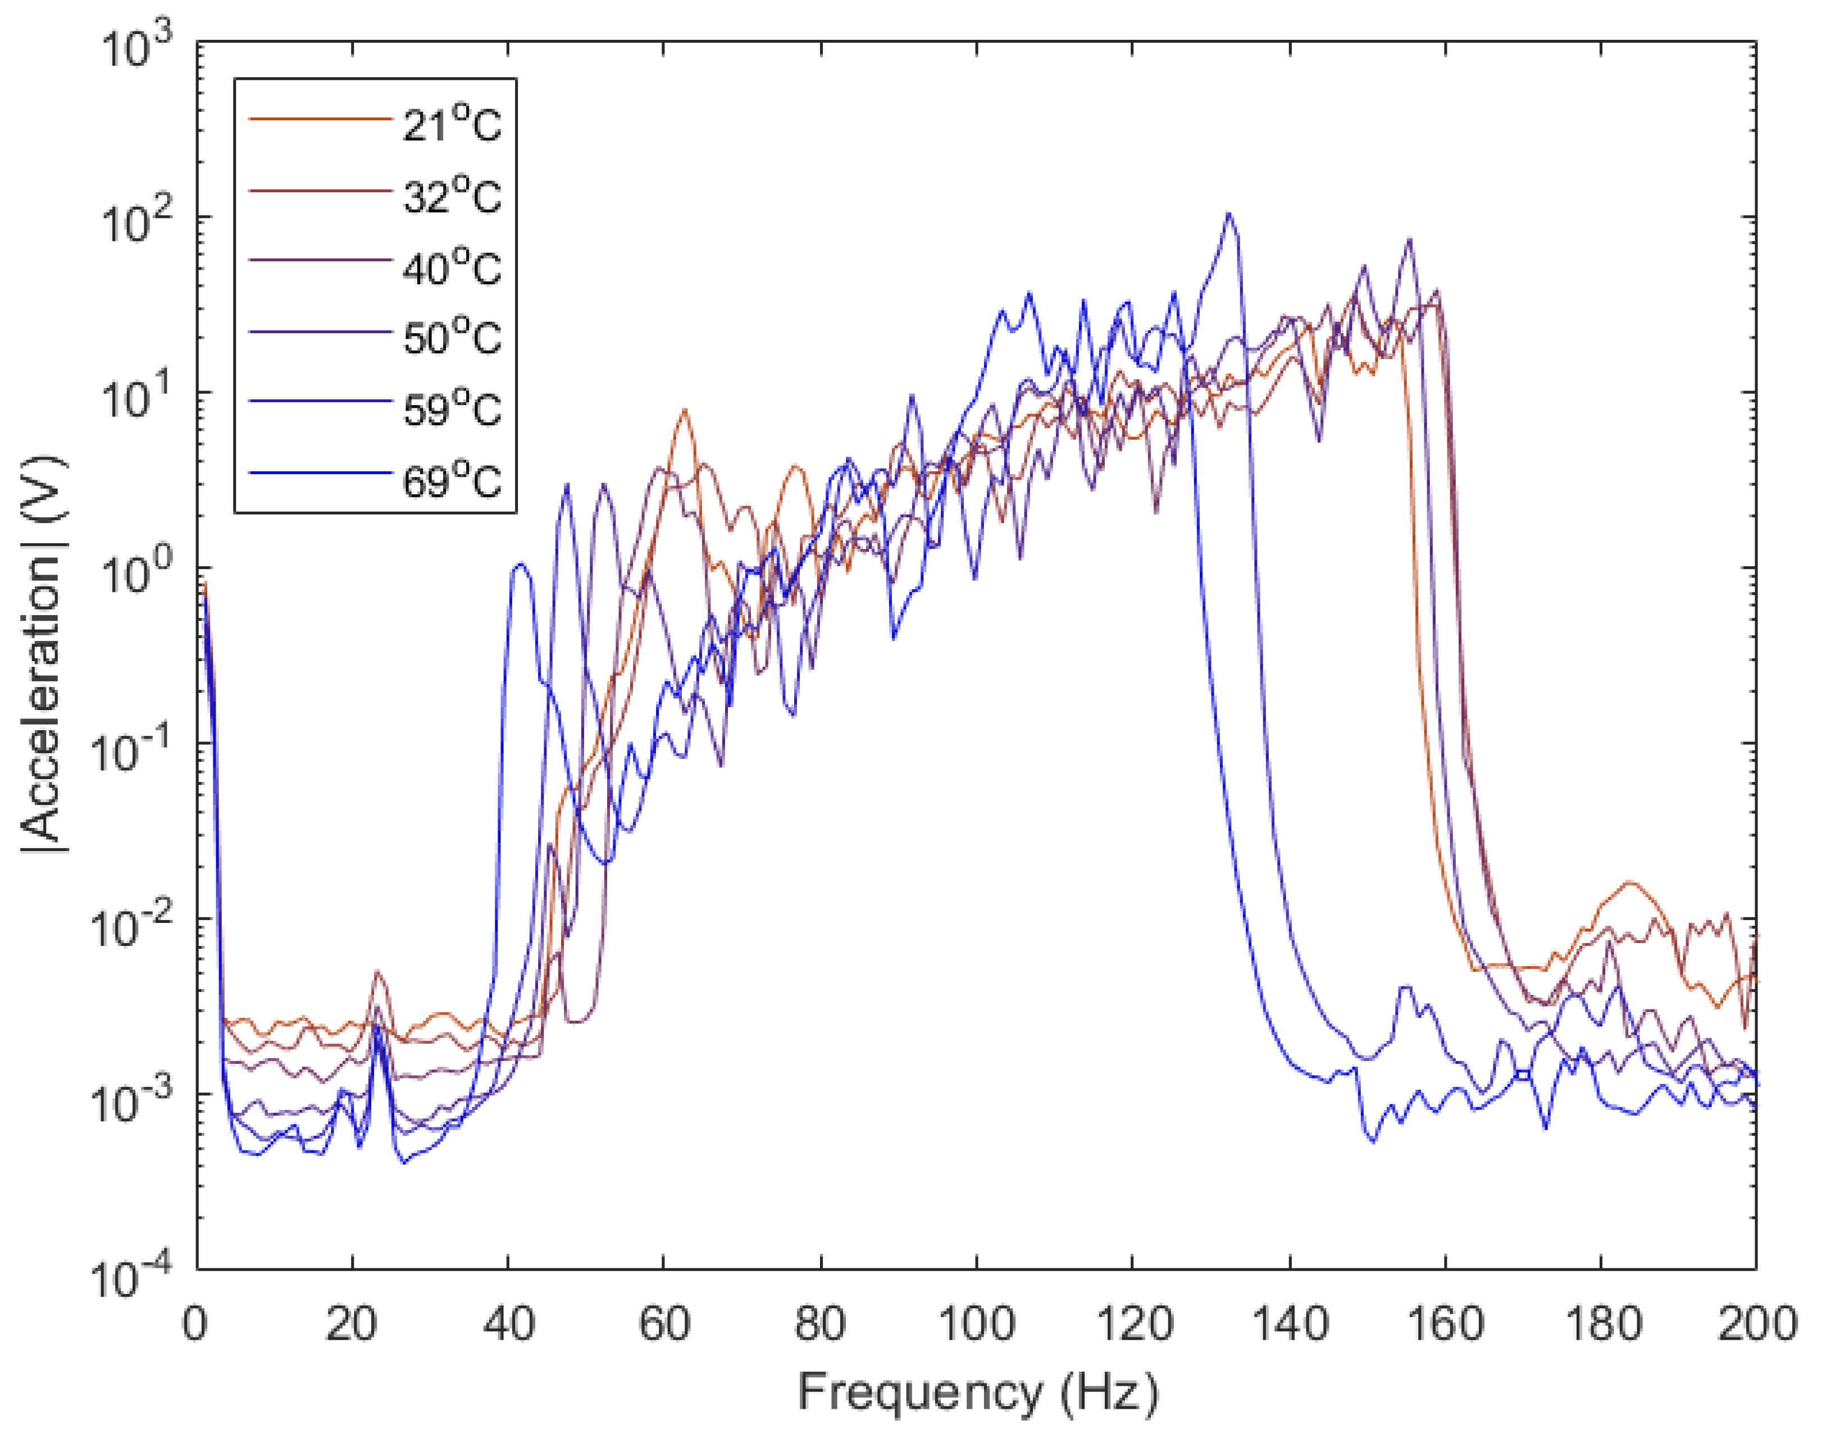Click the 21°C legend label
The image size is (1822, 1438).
(452, 125)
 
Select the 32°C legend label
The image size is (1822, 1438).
(452, 196)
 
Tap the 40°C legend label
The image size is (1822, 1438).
(452, 268)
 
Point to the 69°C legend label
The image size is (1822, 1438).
(452, 481)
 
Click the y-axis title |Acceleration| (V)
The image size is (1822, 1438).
(44, 654)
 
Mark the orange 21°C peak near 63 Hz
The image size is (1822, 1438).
(685, 410)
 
